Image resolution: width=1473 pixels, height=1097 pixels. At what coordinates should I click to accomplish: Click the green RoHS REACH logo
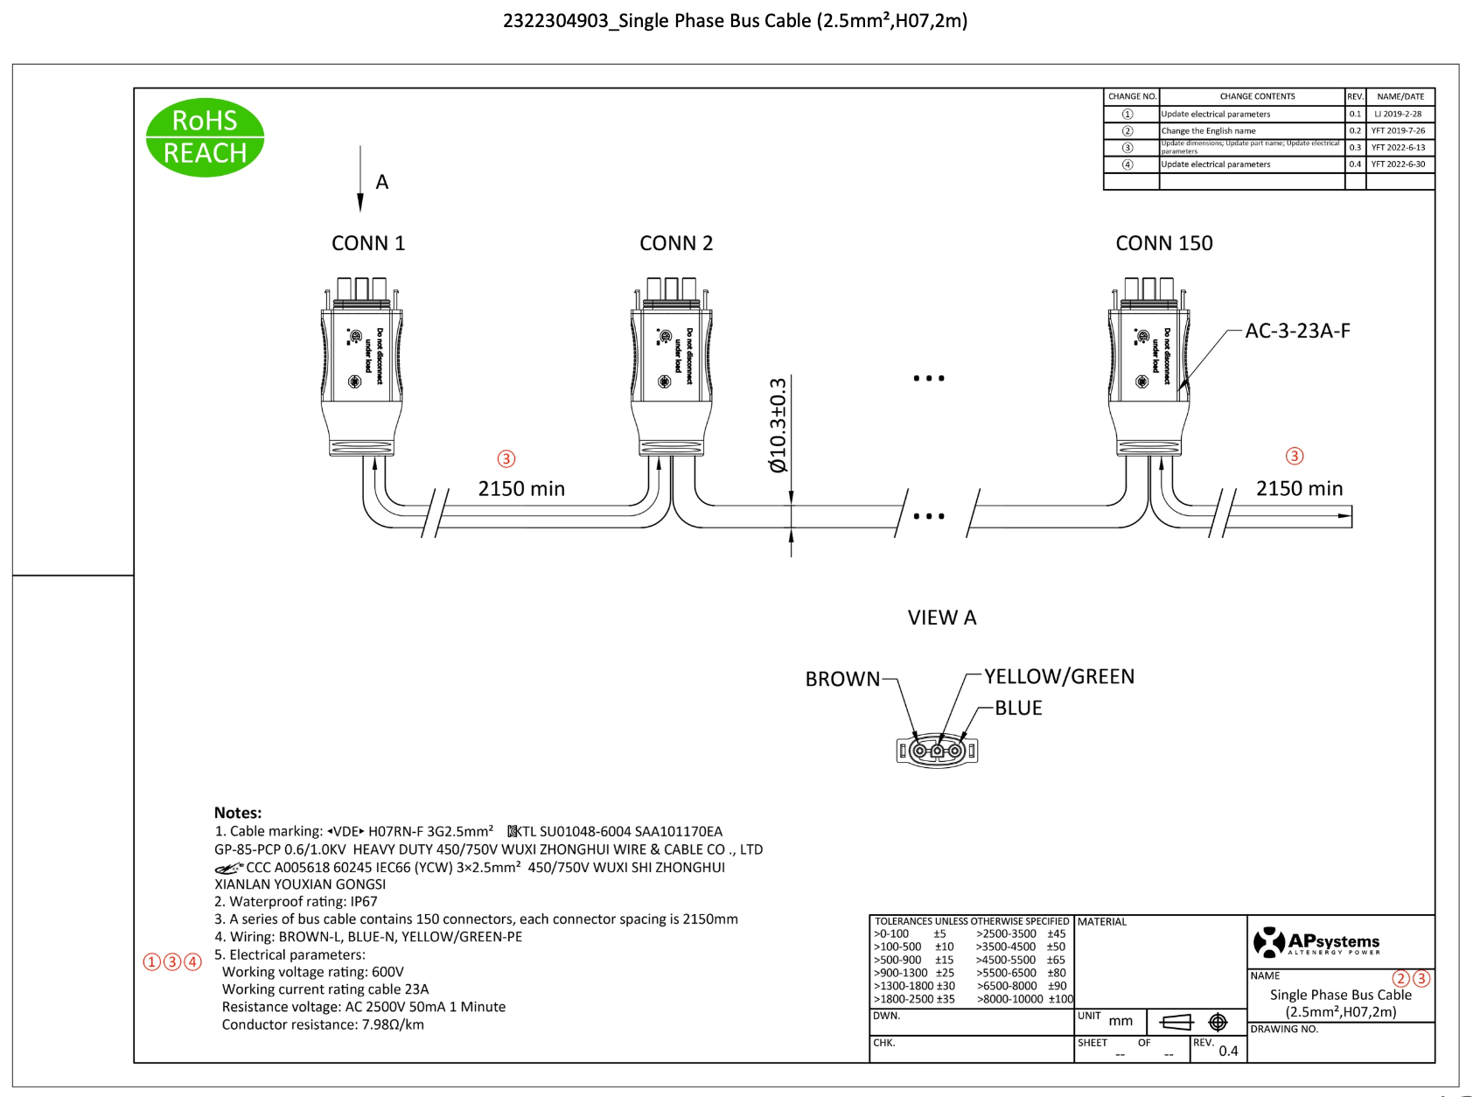pyautogui.click(x=205, y=137)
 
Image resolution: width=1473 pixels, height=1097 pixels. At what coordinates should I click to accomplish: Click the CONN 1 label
pyautogui.click(x=368, y=243)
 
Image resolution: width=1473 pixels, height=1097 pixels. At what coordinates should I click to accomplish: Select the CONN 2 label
pyautogui.click(x=676, y=243)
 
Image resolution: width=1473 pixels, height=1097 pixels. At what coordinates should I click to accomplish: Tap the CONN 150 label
pyautogui.click(x=1163, y=243)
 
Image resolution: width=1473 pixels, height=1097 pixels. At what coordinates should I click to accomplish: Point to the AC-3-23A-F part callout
pyautogui.click(x=1297, y=331)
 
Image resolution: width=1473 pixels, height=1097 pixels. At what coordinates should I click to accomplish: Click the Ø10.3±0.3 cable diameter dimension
pyautogui.click(x=778, y=425)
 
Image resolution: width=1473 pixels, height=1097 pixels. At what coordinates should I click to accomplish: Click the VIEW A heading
pyautogui.click(x=941, y=618)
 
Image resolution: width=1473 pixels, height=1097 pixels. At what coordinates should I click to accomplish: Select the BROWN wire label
pyautogui.click(x=842, y=679)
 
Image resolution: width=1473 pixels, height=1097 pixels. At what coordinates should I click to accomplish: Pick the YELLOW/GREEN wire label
pyautogui.click(x=1058, y=676)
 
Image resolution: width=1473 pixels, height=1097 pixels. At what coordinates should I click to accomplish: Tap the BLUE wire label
pyautogui.click(x=1018, y=708)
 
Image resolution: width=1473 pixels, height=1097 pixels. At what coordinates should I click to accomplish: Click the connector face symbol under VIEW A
pyautogui.click(x=937, y=751)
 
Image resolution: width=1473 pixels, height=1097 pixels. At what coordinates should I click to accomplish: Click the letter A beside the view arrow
pyautogui.click(x=382, y=182)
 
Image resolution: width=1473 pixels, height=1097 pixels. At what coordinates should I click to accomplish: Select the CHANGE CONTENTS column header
pyautogui.click(x=1257, y=96)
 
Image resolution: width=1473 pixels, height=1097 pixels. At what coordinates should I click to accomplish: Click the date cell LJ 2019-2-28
pyautogui.click(x=1398, y=114)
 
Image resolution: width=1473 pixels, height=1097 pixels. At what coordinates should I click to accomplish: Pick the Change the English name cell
pyautogui.click(x=1208, y=130)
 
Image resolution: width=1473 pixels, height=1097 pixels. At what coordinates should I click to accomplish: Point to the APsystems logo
pyautogui.click(x=1316, y=941)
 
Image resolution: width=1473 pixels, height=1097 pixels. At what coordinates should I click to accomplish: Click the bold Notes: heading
pyautogui.click(x=238, y=813)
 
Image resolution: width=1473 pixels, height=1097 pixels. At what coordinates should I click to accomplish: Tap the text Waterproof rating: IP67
pyautogui.click(x=297, y=901)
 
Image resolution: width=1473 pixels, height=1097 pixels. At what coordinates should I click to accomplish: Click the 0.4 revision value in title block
pyautogui.click(x=1228, y=1051)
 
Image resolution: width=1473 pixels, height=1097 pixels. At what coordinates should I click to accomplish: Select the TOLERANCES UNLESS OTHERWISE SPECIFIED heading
pyautogui.click(x=972, y=921)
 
